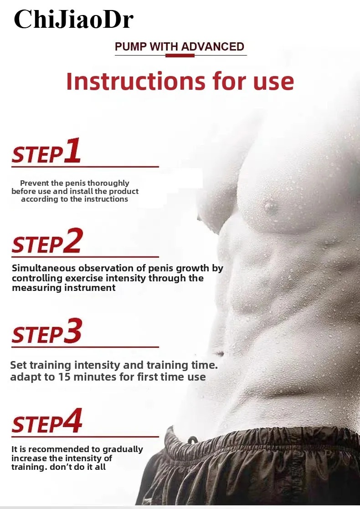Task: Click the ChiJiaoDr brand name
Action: pyautogui.click(x=74, y=20)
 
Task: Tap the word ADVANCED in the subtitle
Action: pyautogui.click(x=212, y=46)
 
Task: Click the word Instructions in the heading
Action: pyautogui.click(x=136, y=81)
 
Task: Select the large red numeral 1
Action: pyautogui.click(x=72, y=150)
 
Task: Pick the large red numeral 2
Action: pyautogui.click(x=73, y=240)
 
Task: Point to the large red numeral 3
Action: pyautogui.click(x=73, y=331)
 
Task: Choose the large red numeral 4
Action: pyautogui.click(x=73, y=421)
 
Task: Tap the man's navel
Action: pyautogui.click(x=220, y=353)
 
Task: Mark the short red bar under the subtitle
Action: pyautogui.click(x=180, y=56)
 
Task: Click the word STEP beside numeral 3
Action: pyautogui.click(x=37, y=335)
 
